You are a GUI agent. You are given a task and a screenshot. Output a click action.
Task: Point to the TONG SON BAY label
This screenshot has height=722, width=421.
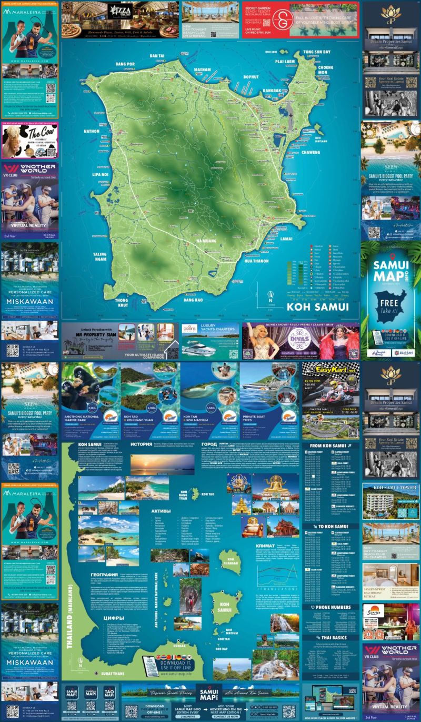coord(316,52)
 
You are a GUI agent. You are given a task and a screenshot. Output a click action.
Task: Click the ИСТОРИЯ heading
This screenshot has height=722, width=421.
coord(141,444)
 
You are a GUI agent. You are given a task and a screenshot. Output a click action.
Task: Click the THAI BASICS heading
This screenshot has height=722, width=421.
coord(332,638)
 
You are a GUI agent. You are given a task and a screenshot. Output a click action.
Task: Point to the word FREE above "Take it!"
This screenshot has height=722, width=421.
coord(390,304)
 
